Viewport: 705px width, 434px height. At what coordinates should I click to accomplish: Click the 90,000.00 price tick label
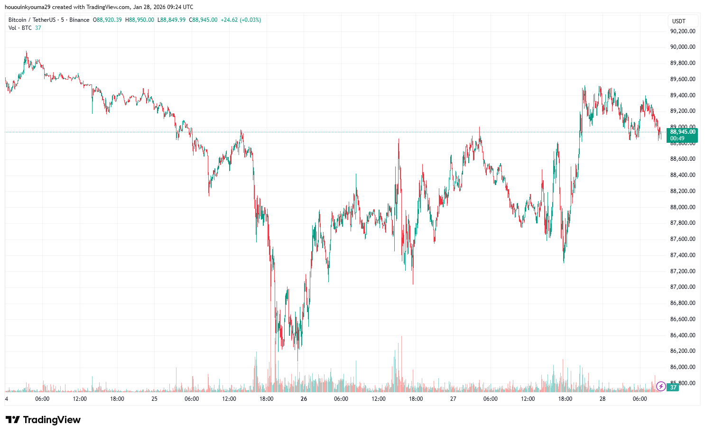[x=682, y=47]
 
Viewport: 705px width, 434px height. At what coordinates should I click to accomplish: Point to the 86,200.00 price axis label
[x=682, y=351]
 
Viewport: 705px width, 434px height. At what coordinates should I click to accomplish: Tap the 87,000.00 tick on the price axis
[x=682, y=287]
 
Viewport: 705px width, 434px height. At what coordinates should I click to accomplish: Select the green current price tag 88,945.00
[x=682, y=132]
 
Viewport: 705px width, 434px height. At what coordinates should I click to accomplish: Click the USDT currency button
[x=679, y=21]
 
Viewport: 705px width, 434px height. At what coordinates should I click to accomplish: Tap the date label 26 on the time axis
[x=304, y=399]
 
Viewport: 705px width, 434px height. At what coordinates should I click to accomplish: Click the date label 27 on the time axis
[x=453, y=399]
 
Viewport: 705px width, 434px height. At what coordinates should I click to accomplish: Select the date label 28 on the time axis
[x=602, y=399]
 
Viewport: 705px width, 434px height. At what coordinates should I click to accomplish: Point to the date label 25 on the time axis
[x=154, y=399]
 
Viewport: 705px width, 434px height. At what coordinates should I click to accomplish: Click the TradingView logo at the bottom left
[x=43, y=420]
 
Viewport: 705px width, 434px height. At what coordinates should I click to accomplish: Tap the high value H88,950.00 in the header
[x=139, y=20]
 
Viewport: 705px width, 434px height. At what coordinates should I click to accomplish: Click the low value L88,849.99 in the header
[x=171, y=20]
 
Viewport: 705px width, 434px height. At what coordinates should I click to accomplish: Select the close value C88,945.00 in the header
[x=203, y=20]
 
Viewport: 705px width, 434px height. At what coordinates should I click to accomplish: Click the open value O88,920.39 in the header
[x=107, y=20]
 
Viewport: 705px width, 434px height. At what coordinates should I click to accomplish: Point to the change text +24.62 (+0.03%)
[x=241, y=20]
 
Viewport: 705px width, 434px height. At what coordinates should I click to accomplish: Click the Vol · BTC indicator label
[x=20, y=28]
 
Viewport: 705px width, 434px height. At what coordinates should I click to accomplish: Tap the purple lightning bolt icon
[x=660, y=387]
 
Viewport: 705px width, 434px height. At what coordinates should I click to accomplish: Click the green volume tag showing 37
[x=673, y=388]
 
